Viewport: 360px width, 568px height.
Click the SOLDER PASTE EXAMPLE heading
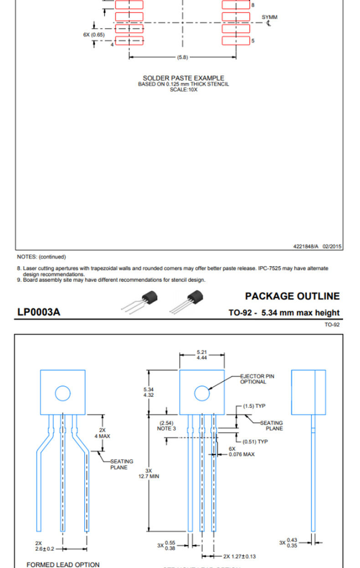click(x=184, y=78)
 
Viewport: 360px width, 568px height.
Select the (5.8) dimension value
click(x=182, y=57)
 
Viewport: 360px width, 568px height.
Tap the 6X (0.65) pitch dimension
click(x=94, y=35)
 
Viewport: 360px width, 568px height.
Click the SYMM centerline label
click(x=269, y=17)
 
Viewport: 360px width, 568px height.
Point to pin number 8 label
click(x=253, y=5)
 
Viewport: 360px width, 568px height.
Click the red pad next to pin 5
click(x=236, y=41)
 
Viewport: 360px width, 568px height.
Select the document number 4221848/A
click(x=306, y=246)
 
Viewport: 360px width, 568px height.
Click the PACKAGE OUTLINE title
click(x=292, y=296)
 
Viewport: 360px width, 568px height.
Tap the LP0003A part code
click(x=39, y=312)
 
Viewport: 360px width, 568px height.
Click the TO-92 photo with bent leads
click(x=139, y=302)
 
